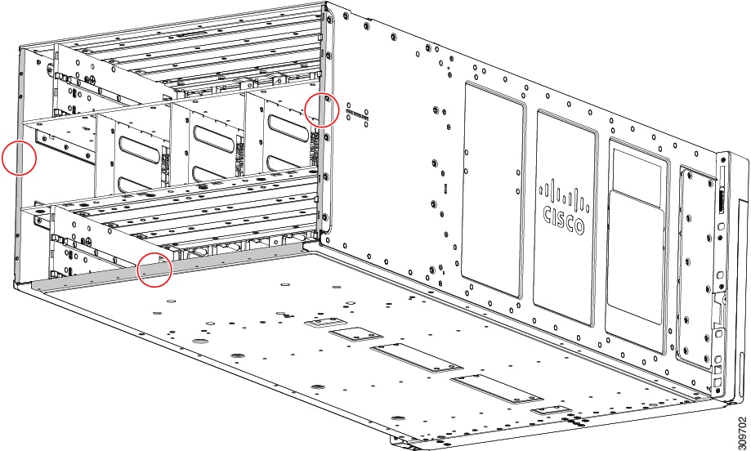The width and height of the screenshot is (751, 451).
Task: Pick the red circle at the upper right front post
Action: click(x=322, y=109)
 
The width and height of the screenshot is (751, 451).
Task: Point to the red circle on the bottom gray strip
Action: click(x=154, y=269)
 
